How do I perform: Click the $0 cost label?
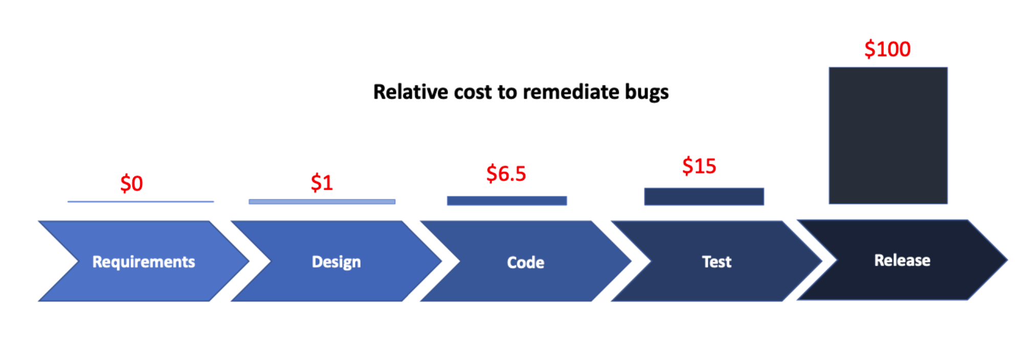(x=131, y=183)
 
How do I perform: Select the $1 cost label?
(x=322, y=183)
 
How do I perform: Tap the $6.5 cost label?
(x=506, y=174)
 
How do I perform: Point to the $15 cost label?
(x=699, y=166)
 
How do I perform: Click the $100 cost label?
(x=887, y=49)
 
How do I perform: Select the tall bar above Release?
(x=888, y=136)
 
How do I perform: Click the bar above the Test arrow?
(x=704, y=196)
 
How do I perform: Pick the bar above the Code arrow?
(x=507, y=200)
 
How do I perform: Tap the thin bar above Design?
(x=322, y=201)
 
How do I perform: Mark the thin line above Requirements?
(x=141, y=201)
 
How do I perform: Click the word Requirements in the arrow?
(x=144, y=262)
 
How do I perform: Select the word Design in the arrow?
(x=336, y=262)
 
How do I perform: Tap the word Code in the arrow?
(x=525, y=262)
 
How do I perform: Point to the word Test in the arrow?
(x=717, y=262)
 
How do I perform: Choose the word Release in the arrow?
(x=902, y=260)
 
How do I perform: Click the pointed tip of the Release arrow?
(x=1007, y=260)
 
